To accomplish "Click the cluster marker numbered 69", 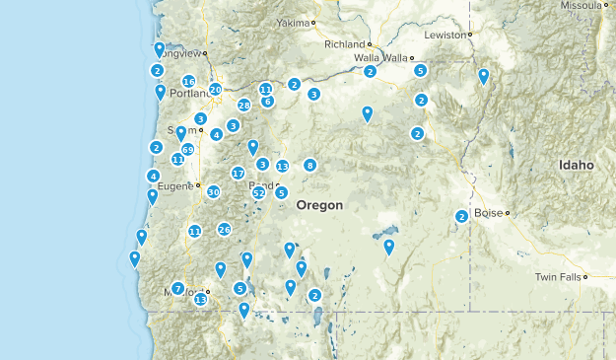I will point(188,149).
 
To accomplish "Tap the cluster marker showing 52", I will point(258,193).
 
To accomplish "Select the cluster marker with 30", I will point(213,192).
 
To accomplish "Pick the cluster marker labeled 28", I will point(244,106).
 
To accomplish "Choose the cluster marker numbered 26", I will point(224,230).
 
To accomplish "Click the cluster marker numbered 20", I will point(216,90).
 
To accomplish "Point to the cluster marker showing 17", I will point(238,173).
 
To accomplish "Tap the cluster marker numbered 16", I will point(188,82).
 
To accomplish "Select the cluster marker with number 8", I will point(309,165).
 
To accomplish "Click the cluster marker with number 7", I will point(177,288).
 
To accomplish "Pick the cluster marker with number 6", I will point(267,102).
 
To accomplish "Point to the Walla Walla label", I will point(379,58).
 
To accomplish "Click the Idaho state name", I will point(576,166).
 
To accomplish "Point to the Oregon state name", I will point(320,205).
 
